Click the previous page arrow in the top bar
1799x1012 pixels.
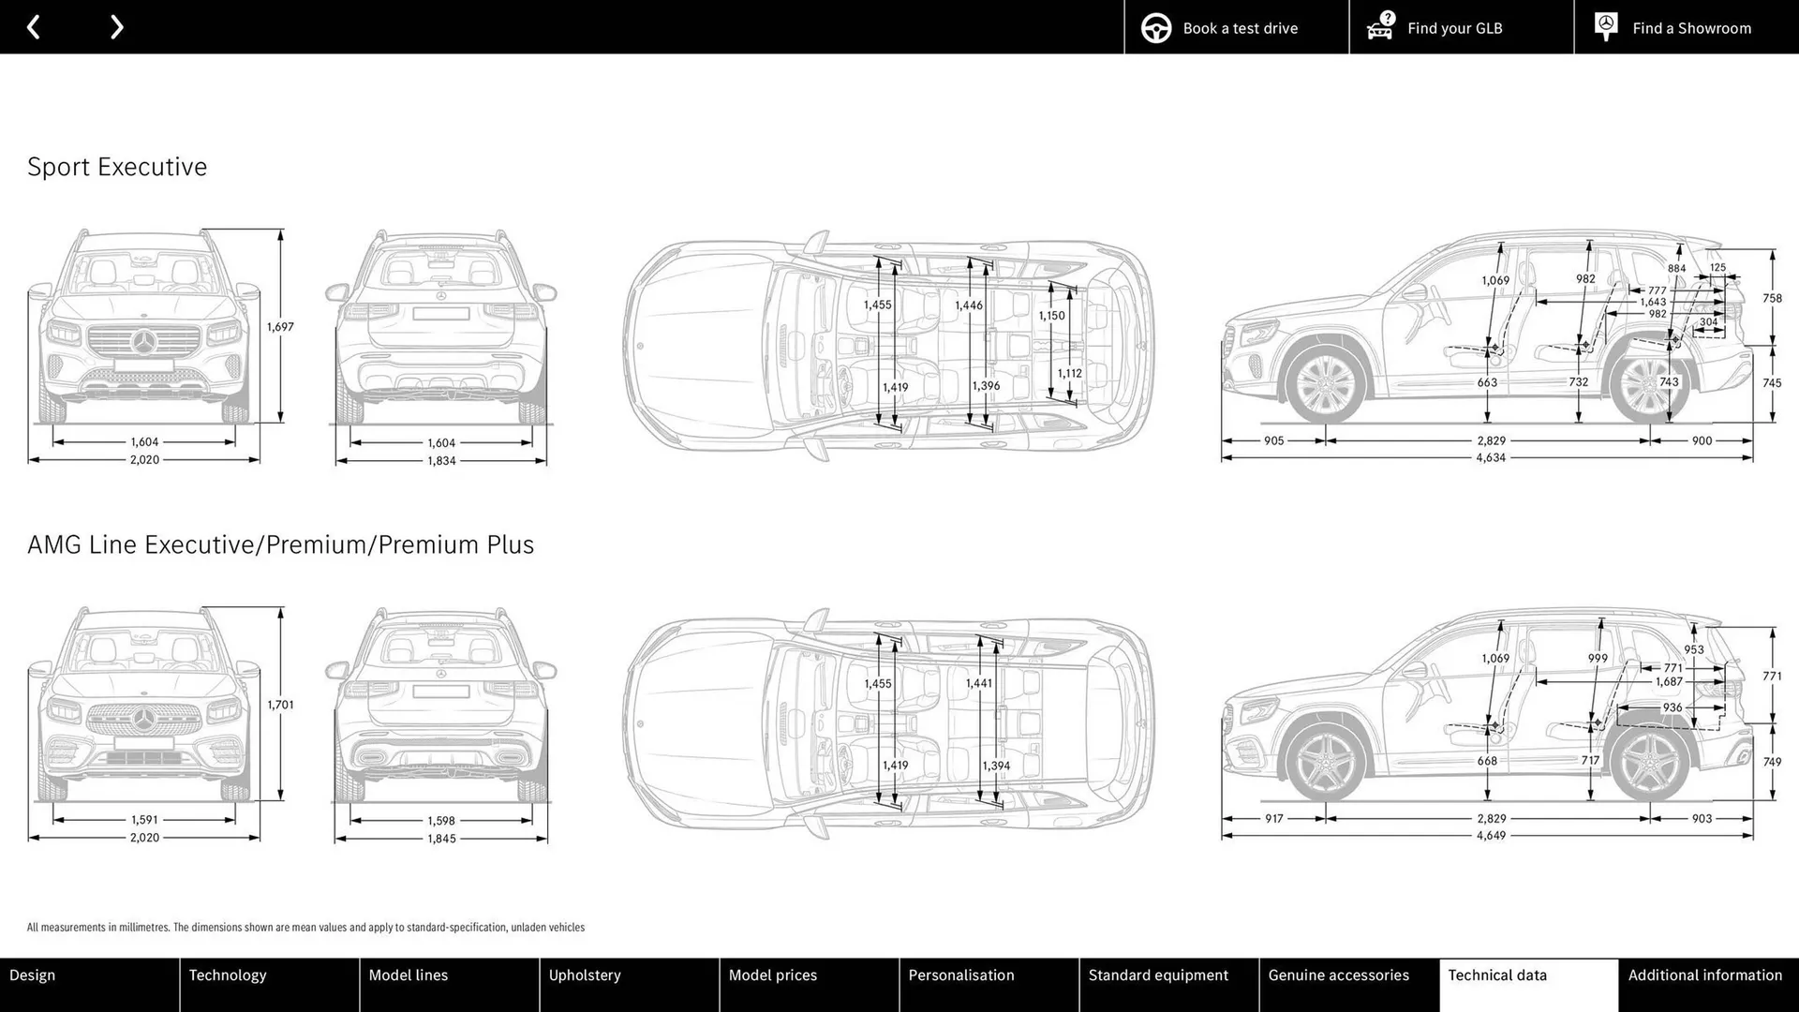point(34,27)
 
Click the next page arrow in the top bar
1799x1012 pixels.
point(116,27)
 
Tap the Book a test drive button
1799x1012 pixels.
point(1236,28)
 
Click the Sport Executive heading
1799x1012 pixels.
point(117,167)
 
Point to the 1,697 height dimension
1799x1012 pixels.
point(280,327)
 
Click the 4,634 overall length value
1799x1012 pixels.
point(1491,458)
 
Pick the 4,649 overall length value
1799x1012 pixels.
point(1491,836)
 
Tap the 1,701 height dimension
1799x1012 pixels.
point(280,705)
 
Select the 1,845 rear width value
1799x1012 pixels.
point(441,839)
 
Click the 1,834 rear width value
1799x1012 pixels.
point(441,461)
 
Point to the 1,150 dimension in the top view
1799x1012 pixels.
point(1051,316)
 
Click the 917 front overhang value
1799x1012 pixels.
point(1273,819)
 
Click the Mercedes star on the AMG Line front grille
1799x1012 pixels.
point(144,720)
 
